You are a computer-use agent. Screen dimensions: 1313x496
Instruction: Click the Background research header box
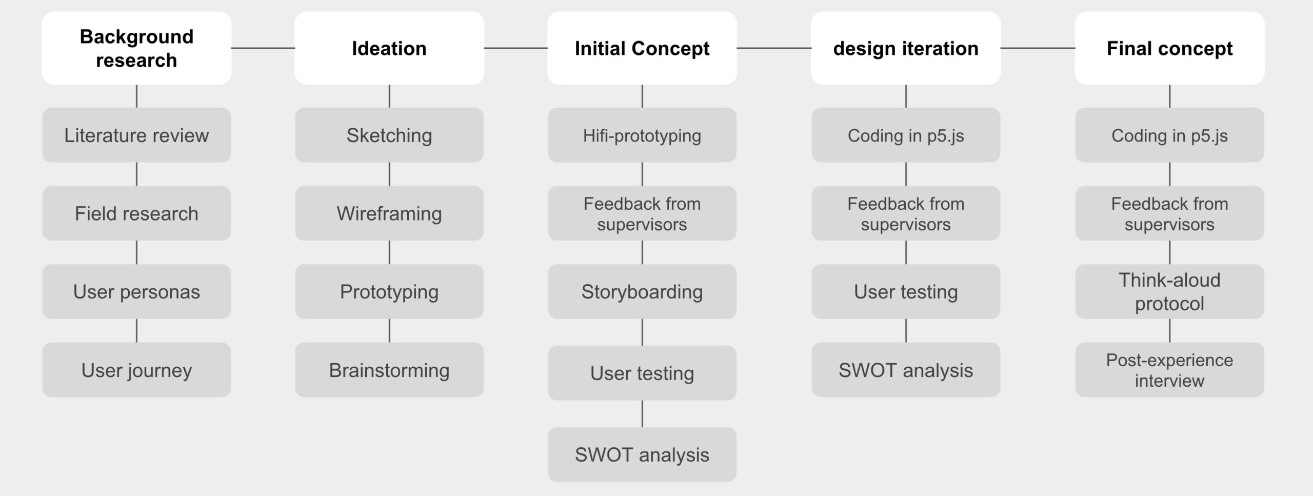pos(136,48)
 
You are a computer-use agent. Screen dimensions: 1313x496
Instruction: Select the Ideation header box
pos(389,48)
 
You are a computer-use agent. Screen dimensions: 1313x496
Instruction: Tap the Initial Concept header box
pos(642,48)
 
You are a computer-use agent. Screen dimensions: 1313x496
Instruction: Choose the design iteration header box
pos(906,48)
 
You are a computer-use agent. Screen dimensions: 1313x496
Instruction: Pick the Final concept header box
pos(1169,48)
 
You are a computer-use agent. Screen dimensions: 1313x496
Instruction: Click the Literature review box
pos(136,135)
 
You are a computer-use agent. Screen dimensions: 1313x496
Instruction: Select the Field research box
pos(136,213)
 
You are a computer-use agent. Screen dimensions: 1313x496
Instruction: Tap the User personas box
pos(136,291)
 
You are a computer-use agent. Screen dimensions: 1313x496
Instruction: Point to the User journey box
pos(136,370)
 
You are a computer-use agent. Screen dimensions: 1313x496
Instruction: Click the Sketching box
pos(389,135)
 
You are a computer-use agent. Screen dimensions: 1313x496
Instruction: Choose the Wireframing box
pos(389,213)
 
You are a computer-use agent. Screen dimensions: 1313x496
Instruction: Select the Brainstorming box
pos(389,370)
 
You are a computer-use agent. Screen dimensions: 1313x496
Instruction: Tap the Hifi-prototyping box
pos(642,135)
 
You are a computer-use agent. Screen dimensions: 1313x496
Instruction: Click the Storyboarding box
pos(642,291)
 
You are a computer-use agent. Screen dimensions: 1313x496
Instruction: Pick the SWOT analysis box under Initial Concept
pos(642,454)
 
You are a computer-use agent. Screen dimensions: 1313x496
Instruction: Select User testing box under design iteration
pos(906,291)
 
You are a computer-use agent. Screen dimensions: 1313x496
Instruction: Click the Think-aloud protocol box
pos(1169,291)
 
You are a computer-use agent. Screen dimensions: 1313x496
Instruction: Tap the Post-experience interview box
pos(1169,370)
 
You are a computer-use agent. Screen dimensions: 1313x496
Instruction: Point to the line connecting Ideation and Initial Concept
pos(516,48)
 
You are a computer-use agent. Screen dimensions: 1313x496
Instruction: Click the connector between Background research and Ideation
pos(263,48)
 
